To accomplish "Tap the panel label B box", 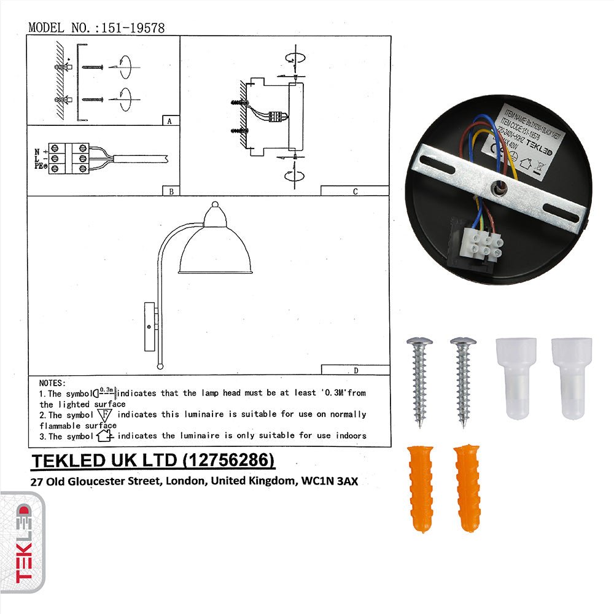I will point(171,191).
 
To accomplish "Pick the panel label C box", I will point(355,191).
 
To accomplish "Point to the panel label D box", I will point(356,370).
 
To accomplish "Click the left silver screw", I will point(421,380).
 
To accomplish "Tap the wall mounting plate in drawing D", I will point(149,326).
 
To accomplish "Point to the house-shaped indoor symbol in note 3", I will point(106,435).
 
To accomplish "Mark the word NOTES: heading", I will point(52,383).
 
